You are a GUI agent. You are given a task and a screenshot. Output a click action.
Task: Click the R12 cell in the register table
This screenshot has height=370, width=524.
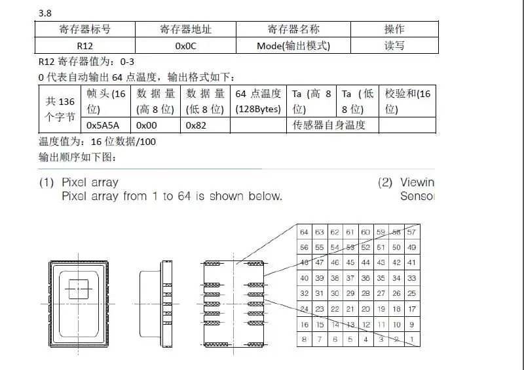[x=84, y=46]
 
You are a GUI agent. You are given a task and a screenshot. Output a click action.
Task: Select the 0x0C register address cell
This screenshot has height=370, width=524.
[x=185, y=46]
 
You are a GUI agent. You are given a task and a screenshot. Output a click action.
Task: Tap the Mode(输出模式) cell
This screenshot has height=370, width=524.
[x=293, y=46]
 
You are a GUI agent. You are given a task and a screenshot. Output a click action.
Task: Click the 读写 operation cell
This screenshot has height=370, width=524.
[x=394, y=46]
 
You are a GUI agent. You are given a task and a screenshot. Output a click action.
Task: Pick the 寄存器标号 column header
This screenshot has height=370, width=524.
[x=84, y=30]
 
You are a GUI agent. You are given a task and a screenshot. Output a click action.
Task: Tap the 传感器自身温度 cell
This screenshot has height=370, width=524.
[x=334, y=125]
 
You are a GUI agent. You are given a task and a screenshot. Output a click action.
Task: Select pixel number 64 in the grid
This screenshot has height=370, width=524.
[x=304, y=232]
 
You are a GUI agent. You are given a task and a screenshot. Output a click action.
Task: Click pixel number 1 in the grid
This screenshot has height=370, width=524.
[x=412, y=339]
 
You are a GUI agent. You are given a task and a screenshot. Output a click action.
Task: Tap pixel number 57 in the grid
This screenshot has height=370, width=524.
[x=412, y=232]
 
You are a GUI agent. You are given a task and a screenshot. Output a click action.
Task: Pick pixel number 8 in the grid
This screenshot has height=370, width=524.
[x=304, y=339]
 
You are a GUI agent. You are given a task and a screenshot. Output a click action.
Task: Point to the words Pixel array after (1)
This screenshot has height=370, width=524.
[x=90, y=182]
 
